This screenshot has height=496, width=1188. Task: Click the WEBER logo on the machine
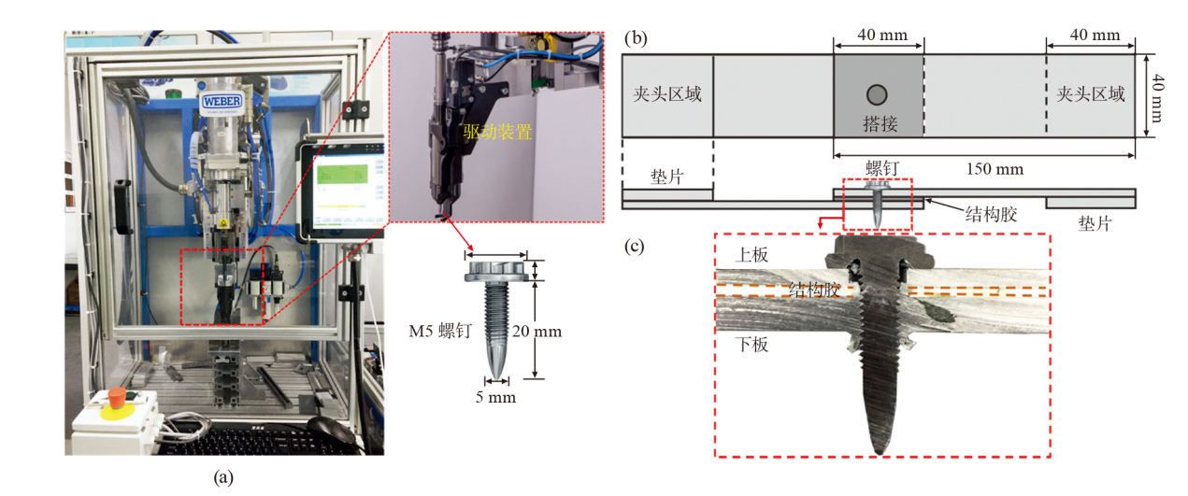click(x=222, y=101)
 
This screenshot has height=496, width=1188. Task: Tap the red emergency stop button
click(x=118, y=395)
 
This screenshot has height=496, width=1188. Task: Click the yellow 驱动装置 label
click(x=497, y=132)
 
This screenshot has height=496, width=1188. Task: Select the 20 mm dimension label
click(x=537, y=332)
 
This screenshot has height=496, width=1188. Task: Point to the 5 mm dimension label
click(x=495, y=397)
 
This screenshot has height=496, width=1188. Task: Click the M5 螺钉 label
click(x=440, y=332)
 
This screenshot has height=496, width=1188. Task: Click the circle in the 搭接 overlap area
click(x=877, y=95)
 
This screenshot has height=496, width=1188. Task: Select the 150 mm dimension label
click(x=995, y=169)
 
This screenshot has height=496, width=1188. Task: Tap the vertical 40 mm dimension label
click(x=1158, y=98)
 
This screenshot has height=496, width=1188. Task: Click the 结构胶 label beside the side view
click(x=991, y=215)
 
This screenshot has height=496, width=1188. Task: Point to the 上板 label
click(x=751, y=255)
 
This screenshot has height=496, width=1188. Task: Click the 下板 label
click(x=751, y=345)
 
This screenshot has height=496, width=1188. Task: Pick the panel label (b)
click(x=636, y=38)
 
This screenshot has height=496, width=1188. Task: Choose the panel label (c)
click(x=635, y=246)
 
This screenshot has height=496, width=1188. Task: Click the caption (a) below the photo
click(x=223, y=477)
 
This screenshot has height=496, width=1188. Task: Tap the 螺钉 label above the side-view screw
click(x=882, y=168)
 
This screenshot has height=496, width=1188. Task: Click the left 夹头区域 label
click(x=667, y=94)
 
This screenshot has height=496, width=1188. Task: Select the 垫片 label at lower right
click(x=1095, y=223)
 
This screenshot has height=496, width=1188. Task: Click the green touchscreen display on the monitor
click(x=342, y=175)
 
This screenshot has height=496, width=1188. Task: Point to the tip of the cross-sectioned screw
click(x=880, y=454)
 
